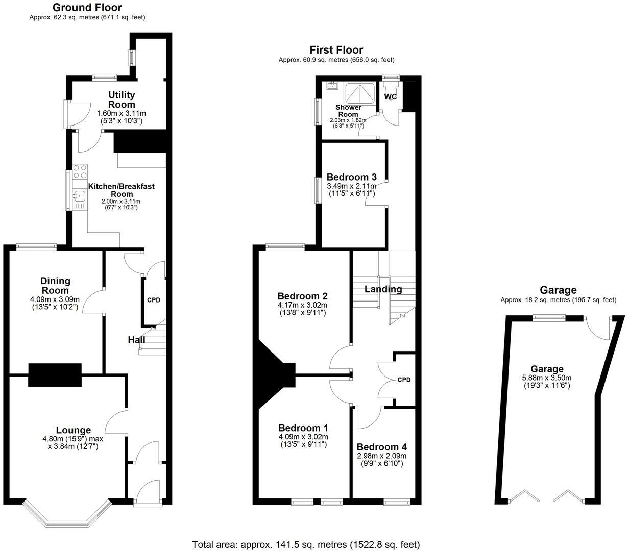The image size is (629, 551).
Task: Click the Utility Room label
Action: point(122,99)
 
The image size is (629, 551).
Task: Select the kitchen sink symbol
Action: point(79,195)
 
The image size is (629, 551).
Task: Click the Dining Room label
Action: point(56,286)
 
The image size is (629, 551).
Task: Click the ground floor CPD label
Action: point(154,300)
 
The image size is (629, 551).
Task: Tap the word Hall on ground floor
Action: point(136,340)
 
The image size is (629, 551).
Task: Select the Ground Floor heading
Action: point(87,7)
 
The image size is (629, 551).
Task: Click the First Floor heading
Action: point(336,49)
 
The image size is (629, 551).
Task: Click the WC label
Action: point(391,97)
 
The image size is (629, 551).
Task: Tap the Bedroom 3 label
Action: point(352,177)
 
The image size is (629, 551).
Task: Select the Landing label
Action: point(383,289)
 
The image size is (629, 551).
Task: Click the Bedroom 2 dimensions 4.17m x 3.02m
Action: point(303,305)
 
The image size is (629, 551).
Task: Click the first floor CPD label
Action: point(404,380)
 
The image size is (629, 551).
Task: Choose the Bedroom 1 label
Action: point(303,428)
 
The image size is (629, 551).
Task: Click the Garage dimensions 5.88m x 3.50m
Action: point(547,378)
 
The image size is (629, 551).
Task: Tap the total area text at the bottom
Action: point(306,544)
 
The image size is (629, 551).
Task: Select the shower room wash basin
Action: point(333,85)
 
